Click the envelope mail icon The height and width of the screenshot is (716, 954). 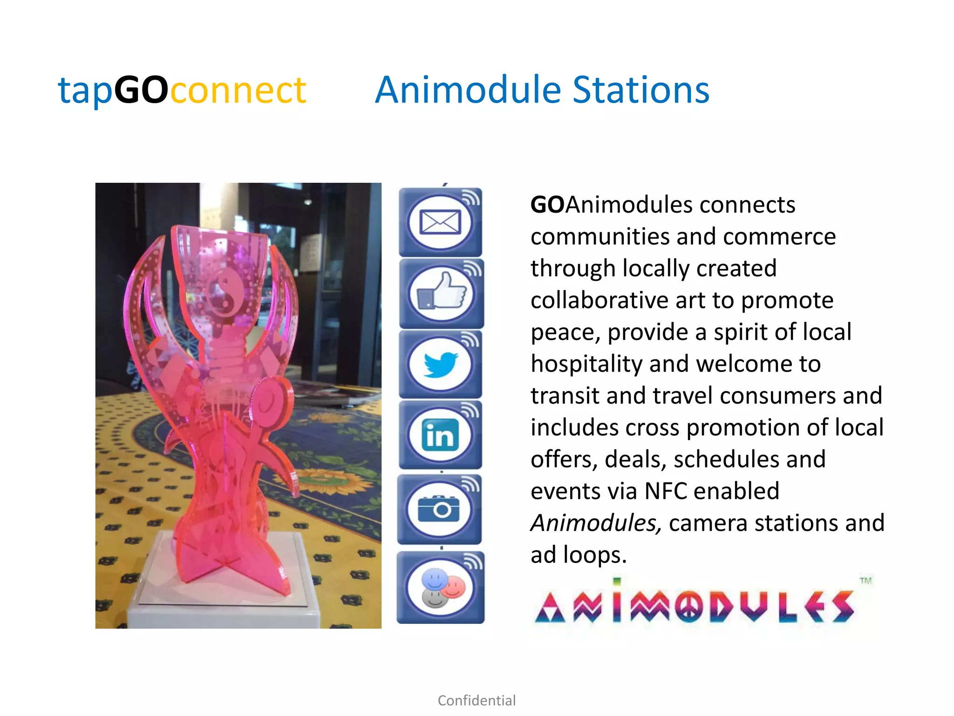[440, 222]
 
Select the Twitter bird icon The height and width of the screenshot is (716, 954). [440, 364]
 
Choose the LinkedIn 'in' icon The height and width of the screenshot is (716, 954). [440, 435]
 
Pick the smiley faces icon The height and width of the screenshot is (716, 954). [440, 588]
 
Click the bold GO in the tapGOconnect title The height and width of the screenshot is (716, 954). [141, 89]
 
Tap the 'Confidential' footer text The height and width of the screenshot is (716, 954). [477, 700]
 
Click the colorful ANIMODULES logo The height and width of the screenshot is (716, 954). [694, 606]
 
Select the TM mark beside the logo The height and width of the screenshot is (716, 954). [865, 581]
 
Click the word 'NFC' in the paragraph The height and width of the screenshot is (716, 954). [666, 491]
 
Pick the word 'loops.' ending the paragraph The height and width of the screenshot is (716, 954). [594, 555]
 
